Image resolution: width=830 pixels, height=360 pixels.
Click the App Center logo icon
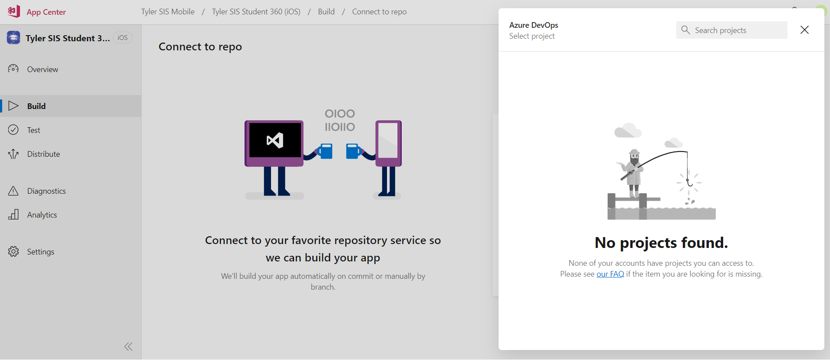13,11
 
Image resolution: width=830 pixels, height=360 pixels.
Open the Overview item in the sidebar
42,69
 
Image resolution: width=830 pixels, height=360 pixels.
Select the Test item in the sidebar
33,130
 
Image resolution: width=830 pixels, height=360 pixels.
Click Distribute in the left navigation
43,154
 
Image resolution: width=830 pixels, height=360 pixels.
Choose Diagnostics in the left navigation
46,191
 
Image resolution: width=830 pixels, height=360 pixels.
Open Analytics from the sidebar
42,215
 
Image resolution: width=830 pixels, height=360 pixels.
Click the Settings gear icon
13,252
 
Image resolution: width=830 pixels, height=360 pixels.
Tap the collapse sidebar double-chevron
128,347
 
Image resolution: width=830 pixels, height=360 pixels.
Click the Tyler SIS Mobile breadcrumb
168,12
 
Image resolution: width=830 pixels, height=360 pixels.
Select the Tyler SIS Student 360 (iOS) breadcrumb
256,12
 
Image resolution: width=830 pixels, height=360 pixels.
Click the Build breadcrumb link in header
326,12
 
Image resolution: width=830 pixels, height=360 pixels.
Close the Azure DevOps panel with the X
804,30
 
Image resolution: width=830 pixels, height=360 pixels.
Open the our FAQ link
610,274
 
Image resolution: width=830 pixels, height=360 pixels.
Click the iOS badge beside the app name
122,38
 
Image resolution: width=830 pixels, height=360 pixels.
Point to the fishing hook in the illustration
689,183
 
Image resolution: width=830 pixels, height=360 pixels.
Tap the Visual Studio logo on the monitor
275,140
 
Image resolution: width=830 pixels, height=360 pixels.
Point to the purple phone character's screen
388,140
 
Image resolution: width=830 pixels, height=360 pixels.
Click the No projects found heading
661,243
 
